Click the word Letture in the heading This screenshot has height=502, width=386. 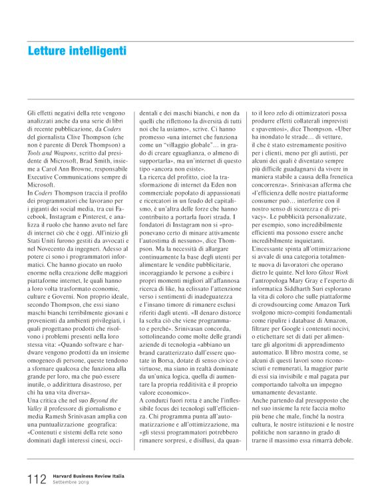tap(49, 51)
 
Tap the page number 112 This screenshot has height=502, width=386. tap(37, 479)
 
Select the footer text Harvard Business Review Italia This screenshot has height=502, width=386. tap(90, 476)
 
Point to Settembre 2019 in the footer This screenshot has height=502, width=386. tap(71, 483)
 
